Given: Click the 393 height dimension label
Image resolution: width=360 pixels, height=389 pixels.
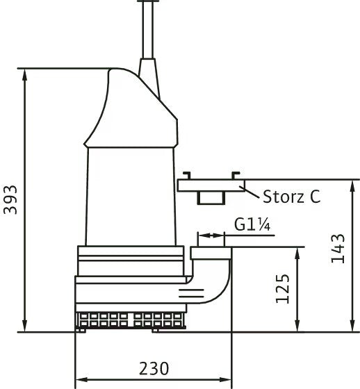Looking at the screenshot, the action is [10, 200].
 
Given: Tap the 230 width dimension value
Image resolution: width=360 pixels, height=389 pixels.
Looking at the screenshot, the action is [154, 369].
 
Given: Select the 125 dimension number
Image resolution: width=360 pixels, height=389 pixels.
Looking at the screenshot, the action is [283, 289].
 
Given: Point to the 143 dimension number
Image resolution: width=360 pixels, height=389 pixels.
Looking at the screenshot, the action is [338, 249].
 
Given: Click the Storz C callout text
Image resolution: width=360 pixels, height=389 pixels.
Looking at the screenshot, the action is [292, 197].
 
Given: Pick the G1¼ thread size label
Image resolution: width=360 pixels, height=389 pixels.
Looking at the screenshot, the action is [252, 224].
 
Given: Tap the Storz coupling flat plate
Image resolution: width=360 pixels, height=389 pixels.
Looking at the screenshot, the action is [211, 185].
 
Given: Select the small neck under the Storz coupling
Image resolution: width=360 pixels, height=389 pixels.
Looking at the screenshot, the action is [211, 198].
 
